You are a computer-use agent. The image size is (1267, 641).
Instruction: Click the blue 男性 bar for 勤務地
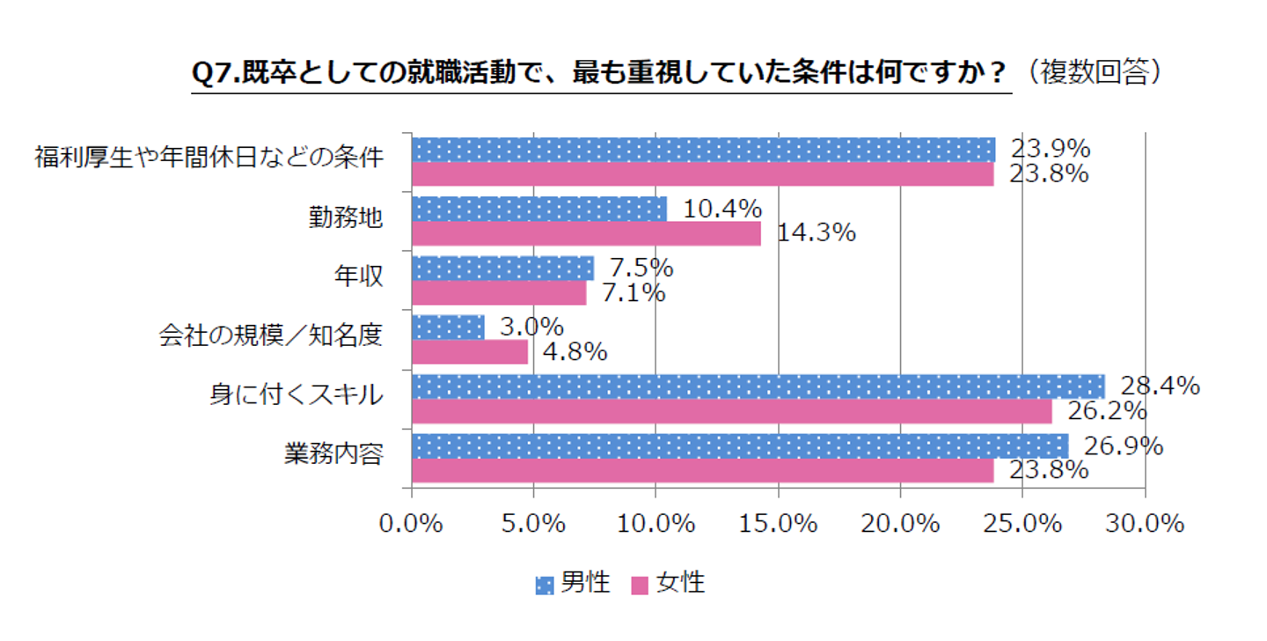pos(538,209)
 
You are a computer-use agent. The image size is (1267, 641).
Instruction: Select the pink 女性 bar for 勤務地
pos(586,232)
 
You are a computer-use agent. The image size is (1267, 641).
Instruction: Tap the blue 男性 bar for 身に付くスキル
pos(758,387)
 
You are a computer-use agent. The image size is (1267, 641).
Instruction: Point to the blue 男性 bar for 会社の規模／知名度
pos(448,328)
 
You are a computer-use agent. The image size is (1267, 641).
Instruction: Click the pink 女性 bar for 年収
pos(499,292)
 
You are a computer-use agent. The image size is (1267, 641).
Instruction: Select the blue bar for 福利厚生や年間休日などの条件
pos(703,150)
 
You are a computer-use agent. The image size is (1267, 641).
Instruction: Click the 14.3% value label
pos(817,232)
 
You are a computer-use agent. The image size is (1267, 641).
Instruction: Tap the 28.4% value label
pos(1160,386)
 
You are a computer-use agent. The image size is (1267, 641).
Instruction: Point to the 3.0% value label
pos(531,327)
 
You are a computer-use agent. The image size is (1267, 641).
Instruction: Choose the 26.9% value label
pos(1123,446)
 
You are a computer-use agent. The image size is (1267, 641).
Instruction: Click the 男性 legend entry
pos(573,583)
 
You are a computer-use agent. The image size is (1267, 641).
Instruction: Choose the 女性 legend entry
pos(668,583)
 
